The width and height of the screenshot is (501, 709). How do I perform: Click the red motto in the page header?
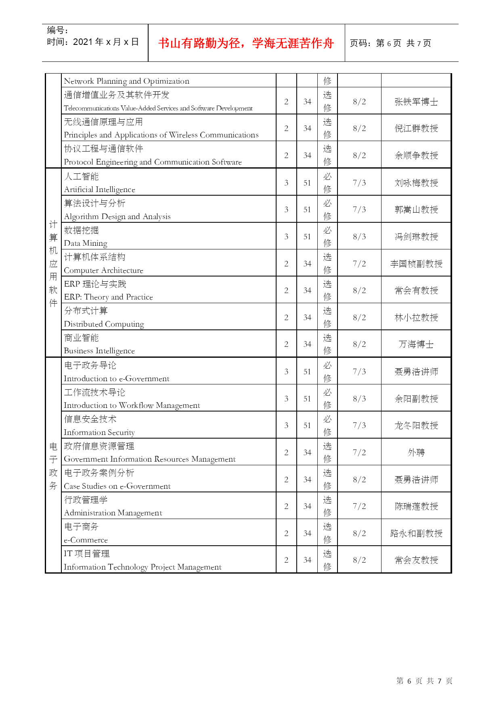[x=246, y=43]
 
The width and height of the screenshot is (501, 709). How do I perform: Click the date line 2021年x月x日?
[x=93, y=42]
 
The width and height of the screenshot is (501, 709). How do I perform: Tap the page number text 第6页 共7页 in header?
[x=390, y=43]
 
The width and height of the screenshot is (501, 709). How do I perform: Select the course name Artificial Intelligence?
[x=99, y=189]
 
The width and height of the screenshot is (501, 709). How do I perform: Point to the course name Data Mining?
[x=86, y=243]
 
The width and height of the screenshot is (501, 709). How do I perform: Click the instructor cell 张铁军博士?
[x=416, y=102]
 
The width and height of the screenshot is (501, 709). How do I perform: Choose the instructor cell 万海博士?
[x=416, y=344]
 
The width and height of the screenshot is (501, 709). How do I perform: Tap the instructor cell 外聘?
[x=416, y=452]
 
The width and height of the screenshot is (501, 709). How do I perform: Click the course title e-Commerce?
[x=86, y=540]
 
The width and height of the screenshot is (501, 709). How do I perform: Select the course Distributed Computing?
[x=104, y=324]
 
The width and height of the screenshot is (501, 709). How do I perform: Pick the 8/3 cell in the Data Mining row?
[x=359, y=236]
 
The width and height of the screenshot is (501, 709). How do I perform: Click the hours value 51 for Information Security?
[x=307, y=425]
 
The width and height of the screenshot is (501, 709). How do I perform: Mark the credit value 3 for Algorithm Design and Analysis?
[x=286, y=209]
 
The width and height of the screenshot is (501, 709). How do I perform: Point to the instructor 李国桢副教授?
[x=416, y=264]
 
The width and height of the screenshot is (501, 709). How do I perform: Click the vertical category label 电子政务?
[x=53, y=466]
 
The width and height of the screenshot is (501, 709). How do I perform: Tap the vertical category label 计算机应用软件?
[x=53, y=264]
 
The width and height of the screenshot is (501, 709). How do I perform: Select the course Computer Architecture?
[x=103, y=270]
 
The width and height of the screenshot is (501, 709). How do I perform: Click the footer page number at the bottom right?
[x=424, y=681]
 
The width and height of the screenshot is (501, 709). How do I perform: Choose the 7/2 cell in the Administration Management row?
[x=359, y=506]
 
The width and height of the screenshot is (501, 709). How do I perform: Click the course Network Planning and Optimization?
[x=126, y=81]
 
